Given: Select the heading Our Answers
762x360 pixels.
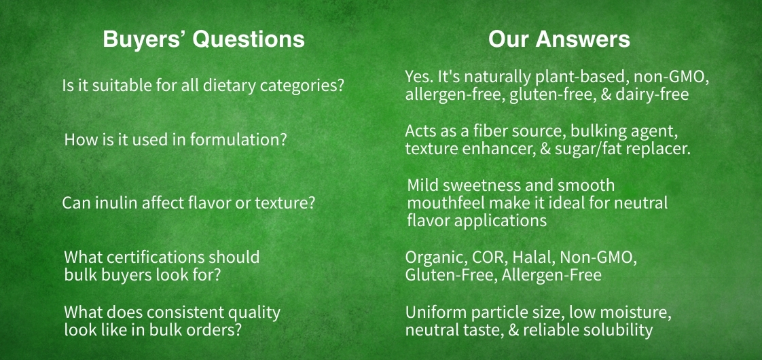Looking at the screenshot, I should tap(559, 39).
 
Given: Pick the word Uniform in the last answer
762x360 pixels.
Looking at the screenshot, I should tap(434, 312).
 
